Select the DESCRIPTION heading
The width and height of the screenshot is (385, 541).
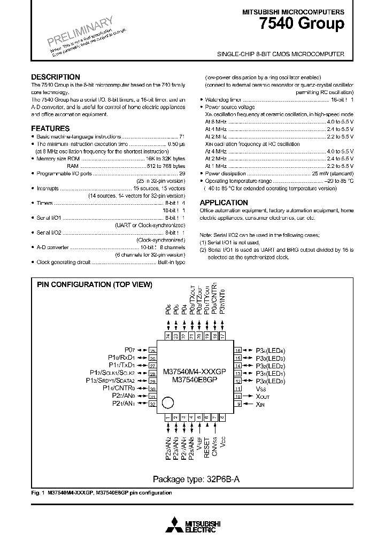click(56, 77)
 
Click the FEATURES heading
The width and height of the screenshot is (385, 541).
click(50, 129)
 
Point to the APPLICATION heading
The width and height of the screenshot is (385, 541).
click(224, 203)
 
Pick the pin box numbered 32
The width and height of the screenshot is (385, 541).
click(152, 404)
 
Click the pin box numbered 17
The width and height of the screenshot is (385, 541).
click(222, 336)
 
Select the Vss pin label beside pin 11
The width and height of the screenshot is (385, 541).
click(261, 389)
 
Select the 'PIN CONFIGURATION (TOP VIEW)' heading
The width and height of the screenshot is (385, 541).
click(95, 285)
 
